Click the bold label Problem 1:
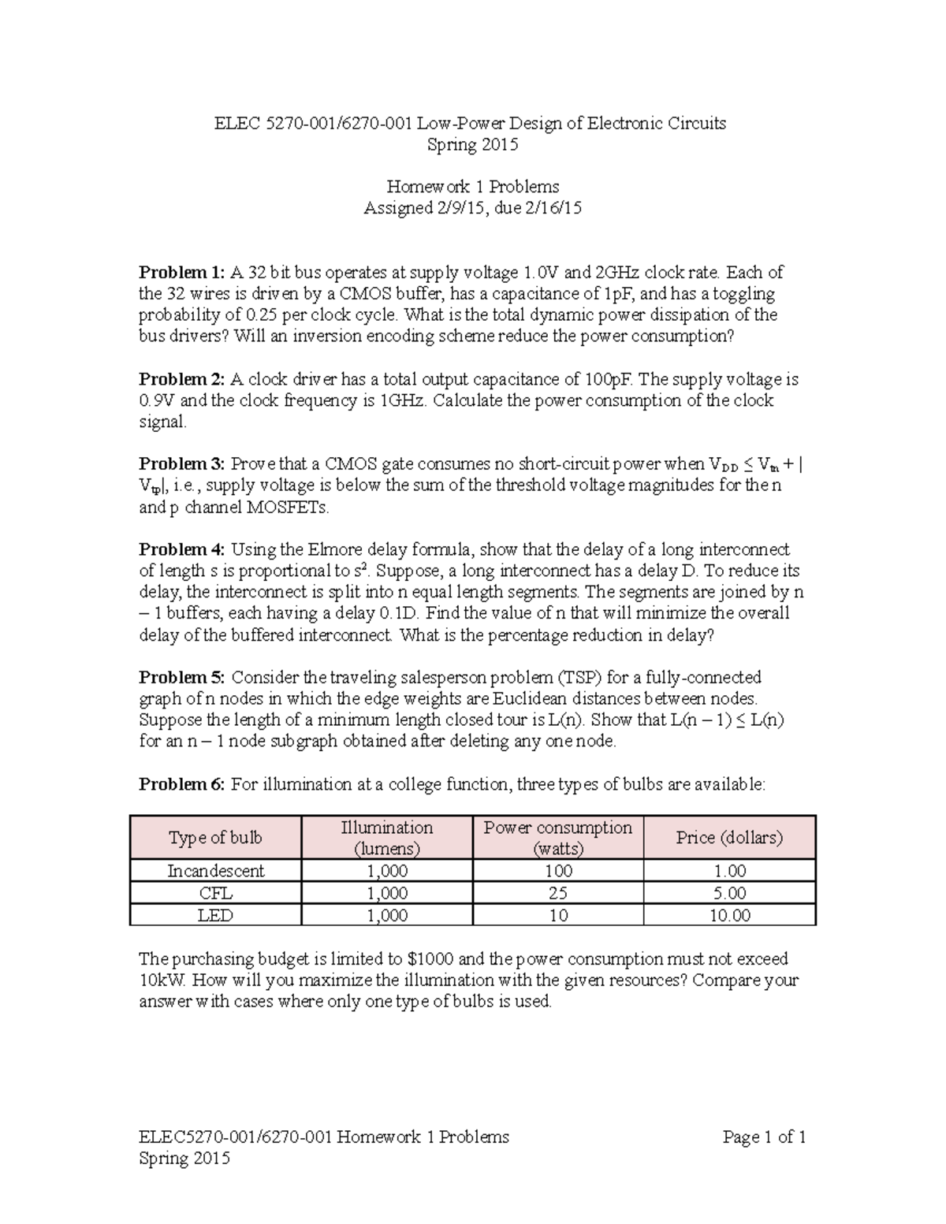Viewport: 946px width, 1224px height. pyautogui.click(x=181, y=273)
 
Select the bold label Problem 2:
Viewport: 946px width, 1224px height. pyautogui.click(x=181, y=379)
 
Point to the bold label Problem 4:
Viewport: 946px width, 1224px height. pyautogui.click(x=181, y=549)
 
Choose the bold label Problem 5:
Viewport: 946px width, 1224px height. pyautogui.click(x=181, y=677)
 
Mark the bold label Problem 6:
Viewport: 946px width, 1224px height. pyautogui.click(x=181, y=784)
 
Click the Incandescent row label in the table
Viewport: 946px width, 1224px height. pyautogui.click(x=215, y=871)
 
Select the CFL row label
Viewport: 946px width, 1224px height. pyautogui.click(x=215, y=893)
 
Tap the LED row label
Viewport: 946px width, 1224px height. pyautogui.click(x=215, y=915)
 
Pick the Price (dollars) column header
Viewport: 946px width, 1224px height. pyautogui.click(x=729, y=838)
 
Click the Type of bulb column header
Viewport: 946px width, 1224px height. pyautogui.click(x=215, y=838)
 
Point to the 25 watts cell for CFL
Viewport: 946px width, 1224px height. pyautogui.click(x=558, y=893)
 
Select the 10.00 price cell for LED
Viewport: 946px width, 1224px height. pyautogui.click(x=729, y=915)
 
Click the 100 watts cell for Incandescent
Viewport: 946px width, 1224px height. pyautogui.click(x=558, y=871)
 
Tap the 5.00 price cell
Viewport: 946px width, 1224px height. pyautogui.click(x=729, y=893)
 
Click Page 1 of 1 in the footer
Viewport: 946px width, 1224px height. pyautogui.click(x=764, y=1137)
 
